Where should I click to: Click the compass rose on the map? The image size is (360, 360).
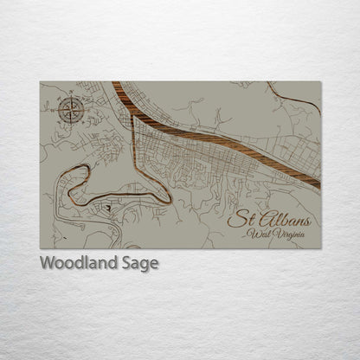tap(68, 110)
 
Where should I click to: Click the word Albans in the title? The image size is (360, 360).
tap(280, 218)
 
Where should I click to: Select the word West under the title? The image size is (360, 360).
tap(258, 234)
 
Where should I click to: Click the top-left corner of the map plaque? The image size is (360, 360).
tap(40, 82)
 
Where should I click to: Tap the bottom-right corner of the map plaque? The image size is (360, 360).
tap(320, 249)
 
